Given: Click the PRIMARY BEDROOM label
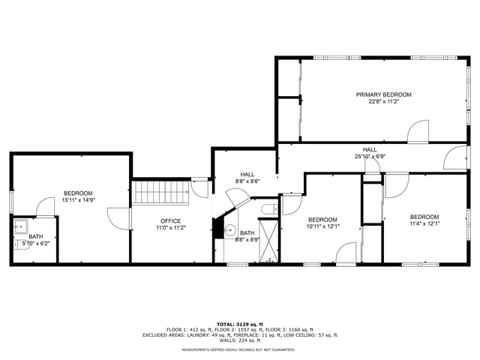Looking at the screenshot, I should tap(383, 94).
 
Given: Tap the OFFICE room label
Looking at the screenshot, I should tap(170, 220).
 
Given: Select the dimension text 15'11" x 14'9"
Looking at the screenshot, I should tap(78, 200).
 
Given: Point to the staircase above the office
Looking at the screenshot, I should tap(160, 193).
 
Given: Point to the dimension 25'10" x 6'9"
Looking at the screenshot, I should tap(370, 157).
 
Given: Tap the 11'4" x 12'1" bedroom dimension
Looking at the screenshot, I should tap(424, 223).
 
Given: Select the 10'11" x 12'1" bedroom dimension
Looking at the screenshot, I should tap(323, 226).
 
